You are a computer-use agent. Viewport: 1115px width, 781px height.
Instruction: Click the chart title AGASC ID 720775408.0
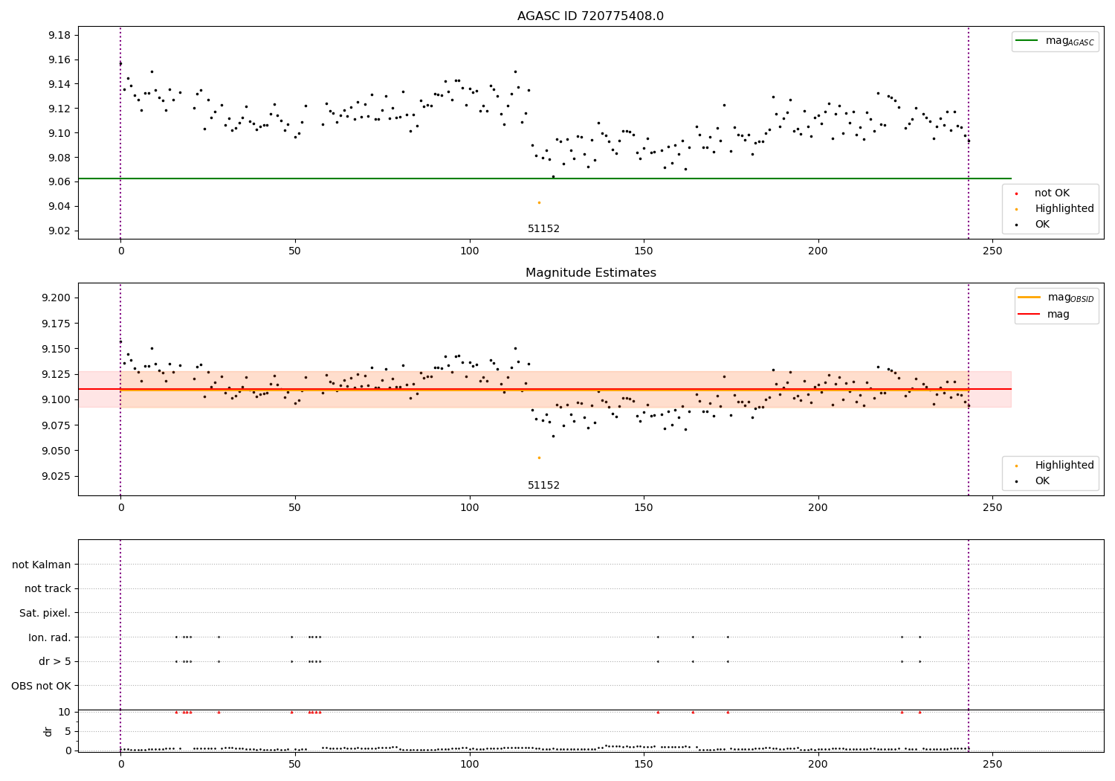pos(590,16)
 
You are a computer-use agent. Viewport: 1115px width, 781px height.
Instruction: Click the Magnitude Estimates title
pos(590,273)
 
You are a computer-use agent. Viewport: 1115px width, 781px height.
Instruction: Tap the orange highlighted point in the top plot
pos(539,202)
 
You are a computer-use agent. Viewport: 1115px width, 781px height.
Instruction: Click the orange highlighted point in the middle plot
pos(539,457)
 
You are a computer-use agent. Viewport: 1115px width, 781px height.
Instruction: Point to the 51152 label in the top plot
pos(543,229)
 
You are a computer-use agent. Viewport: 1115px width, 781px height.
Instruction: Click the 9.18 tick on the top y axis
pos(59,35)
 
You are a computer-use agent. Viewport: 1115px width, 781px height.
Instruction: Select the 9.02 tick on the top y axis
pos(59,231)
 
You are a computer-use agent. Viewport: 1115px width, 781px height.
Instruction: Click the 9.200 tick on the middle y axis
pos(56,298)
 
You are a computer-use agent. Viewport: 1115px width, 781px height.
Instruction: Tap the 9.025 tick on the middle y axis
pos(56,476)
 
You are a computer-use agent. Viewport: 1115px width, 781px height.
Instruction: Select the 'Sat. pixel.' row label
pos(45,613)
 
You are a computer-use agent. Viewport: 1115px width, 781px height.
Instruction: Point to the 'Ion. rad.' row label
pos(49,637)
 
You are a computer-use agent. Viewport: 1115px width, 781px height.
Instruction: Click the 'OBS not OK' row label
pos(41,686)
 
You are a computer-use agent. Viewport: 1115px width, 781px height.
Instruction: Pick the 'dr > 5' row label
pos(54,661)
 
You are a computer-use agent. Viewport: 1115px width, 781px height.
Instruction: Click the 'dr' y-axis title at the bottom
pos(48,731)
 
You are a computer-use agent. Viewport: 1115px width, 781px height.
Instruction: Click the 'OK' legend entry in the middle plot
pos(1042,481)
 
